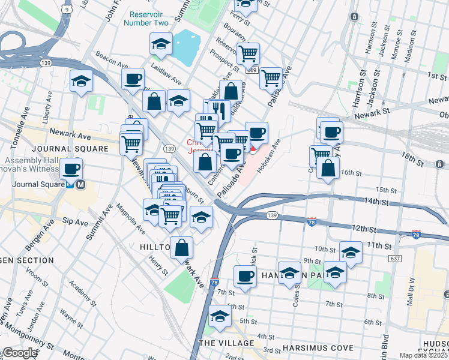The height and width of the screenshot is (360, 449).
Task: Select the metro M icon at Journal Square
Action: coord(80,185)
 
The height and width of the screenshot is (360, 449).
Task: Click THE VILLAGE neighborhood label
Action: coord(227,342)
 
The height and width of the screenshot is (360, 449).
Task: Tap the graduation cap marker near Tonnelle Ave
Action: coord(81,81)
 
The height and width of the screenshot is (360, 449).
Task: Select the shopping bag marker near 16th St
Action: coord(329,169)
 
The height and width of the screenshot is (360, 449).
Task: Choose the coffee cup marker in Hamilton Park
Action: coord(245,276)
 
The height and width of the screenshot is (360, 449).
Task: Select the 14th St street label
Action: coord(372,203)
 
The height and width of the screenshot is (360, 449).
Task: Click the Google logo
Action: coord(19,353)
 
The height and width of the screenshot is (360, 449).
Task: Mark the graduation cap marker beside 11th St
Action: coord(351,251)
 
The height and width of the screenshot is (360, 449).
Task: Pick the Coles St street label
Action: coord(296,295)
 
